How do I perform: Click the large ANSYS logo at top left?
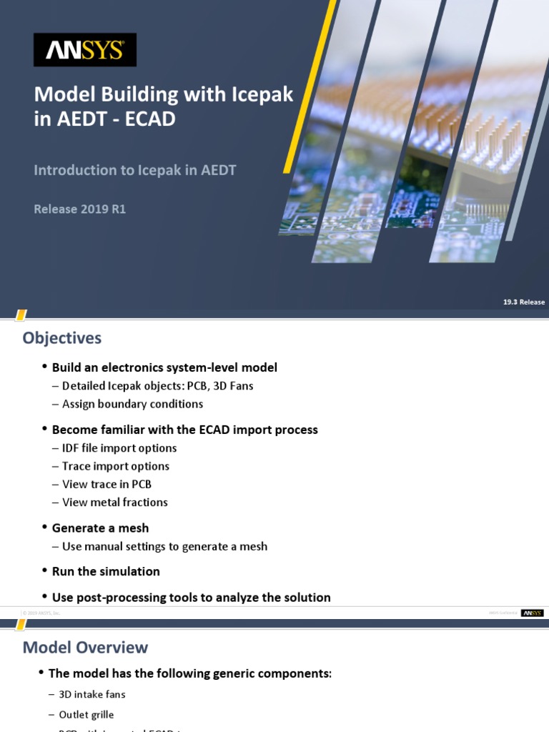85,50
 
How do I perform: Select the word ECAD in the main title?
150,119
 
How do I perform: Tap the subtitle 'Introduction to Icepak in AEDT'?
135,170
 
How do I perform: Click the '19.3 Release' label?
523,302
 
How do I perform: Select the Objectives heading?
62,337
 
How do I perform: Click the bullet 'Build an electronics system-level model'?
164,367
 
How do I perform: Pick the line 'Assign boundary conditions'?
132,404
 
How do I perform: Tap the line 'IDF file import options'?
119,448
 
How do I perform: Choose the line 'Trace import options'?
116,466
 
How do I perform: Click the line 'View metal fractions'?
115,503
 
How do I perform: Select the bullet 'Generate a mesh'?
100,528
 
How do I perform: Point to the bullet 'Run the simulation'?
106,572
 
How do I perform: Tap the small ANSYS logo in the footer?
532,613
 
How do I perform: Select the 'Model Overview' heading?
86,648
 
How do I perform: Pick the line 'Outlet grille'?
86,714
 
